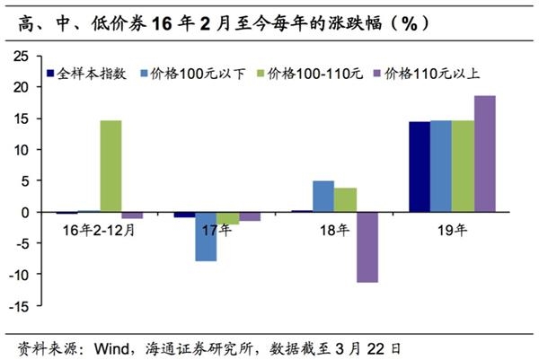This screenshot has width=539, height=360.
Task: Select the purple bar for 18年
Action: point(367,247)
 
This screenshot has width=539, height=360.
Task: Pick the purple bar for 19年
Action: point(484,154)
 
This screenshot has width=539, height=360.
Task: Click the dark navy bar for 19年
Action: point(419,167)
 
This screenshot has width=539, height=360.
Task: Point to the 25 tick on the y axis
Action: point(25,57)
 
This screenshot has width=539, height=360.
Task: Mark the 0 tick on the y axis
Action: point(29,213)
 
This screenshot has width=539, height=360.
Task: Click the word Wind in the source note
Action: point(104,345)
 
